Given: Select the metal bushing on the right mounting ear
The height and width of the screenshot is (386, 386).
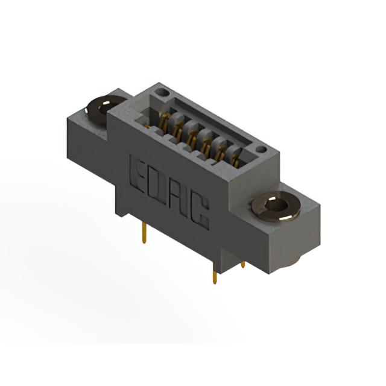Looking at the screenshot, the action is (x=276, y=207).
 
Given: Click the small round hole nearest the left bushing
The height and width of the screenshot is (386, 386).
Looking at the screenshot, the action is (x=163, y=92).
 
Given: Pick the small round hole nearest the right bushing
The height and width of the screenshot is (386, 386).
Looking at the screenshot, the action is (x=261, y=149).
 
